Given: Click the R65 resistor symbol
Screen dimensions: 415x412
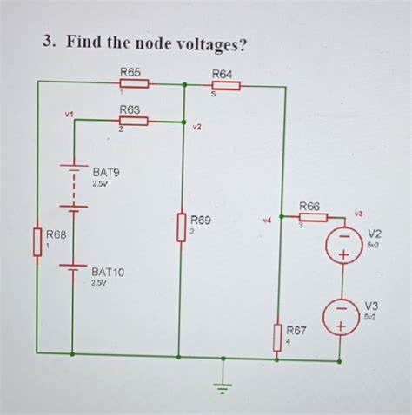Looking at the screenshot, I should tap(133, 84).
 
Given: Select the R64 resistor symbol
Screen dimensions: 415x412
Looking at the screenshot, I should tap(224, 86).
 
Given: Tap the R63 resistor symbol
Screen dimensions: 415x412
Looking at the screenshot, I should tap(133, 122).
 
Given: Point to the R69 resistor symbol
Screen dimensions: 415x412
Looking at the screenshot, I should tap(180, 227).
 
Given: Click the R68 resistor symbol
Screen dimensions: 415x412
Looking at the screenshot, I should tap(37, 242).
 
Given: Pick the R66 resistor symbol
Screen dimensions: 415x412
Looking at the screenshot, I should tap(313, 216).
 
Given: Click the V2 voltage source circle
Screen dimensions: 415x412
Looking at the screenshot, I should tap(344, 245).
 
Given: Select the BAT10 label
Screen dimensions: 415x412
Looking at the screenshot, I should tap(108, 272).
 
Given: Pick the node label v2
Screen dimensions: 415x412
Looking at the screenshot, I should tap(198, 128).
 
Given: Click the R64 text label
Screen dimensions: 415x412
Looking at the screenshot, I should tap(223, 75).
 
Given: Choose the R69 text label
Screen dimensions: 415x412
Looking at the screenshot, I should tap(201, 221).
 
